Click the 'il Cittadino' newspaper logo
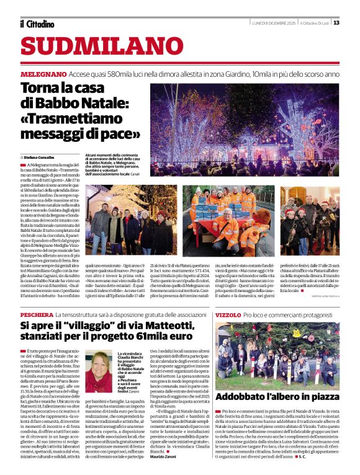tap(37, 24)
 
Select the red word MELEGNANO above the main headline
tap(42, 73)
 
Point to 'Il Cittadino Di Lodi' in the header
tap(315, 23)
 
